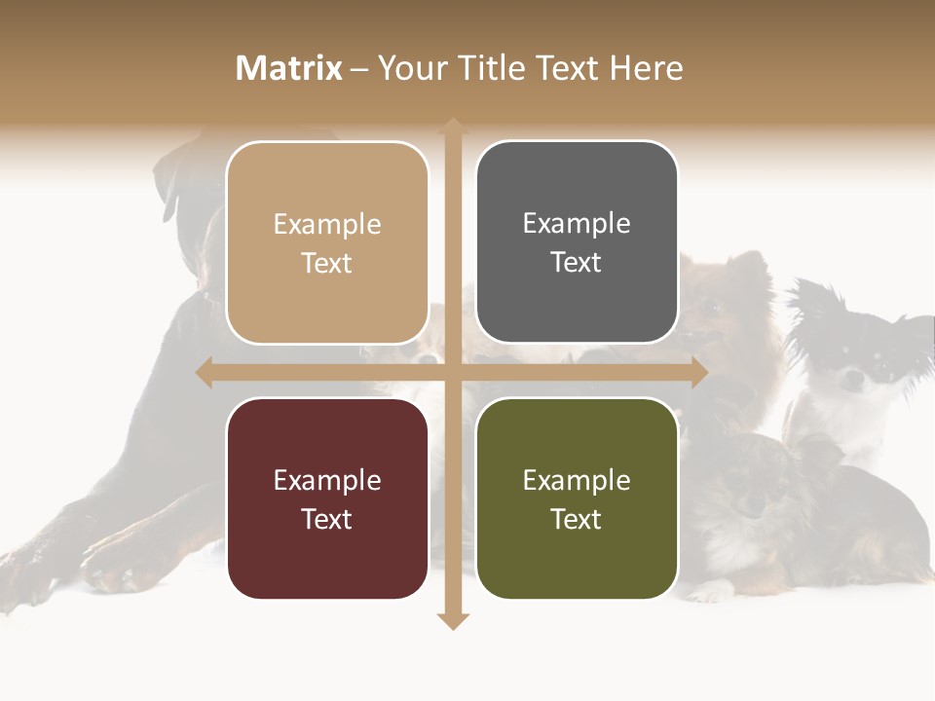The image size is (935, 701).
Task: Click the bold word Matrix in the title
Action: click(289, 68)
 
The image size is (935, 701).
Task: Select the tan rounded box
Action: click(327, 242)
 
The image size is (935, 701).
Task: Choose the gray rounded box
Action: click(577, 242)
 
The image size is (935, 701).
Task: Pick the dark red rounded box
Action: click(327, 498)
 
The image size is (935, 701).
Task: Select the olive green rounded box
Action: click(577, 498)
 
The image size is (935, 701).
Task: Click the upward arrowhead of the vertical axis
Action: click(453, 126)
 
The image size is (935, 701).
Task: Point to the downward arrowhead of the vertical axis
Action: click(453, 621)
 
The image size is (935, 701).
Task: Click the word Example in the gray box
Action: click(577, 224)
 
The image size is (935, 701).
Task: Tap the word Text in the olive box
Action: click(577, 519)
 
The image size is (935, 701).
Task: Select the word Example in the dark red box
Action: click(327, 480)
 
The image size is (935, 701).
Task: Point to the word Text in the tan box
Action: click(327, 263)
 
